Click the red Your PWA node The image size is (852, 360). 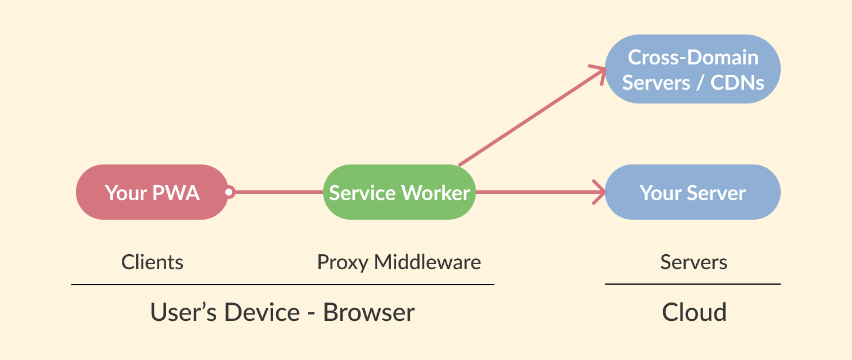tap(152, 192)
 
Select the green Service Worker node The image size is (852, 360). tap(400, 192)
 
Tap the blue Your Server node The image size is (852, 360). tap(693, 192)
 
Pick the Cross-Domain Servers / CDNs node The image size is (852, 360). tap(693, 69)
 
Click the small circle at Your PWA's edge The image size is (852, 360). tap(229, 192)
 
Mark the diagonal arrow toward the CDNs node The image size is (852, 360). tap(529, 118)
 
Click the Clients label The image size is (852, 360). tap(152, 262)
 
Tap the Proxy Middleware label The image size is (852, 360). tap(399, 262)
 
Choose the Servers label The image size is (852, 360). tap(693, 262)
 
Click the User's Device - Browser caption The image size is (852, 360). tap(282, 312)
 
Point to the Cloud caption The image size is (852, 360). tap(694, 312)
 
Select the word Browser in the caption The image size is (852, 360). tap(369, 312)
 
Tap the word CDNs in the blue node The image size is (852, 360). tap(737, 82)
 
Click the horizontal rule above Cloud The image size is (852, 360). tap(692, 284)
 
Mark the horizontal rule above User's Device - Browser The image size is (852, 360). tap(282, 285)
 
